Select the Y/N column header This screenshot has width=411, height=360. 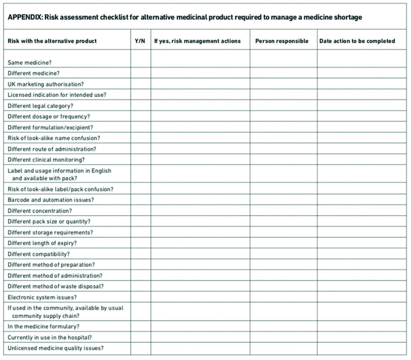click(140, 41)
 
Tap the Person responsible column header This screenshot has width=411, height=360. click(282, 41)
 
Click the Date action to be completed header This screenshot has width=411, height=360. click(357, 41)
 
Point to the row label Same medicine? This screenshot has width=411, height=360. click(30, 63)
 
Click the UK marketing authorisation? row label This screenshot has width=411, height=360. click(46, 84)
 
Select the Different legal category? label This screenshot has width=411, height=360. click(41, 106)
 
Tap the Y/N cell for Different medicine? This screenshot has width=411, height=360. click(140, 73)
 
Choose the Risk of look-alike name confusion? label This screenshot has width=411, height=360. click(54, 138)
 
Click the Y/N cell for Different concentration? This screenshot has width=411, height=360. click(140, 211)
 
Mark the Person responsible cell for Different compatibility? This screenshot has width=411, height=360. click(283, 254)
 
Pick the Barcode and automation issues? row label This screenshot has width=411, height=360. click(51, 200)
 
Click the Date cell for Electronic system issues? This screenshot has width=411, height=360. click(362, 297)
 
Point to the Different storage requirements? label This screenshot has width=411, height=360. click(50, 232)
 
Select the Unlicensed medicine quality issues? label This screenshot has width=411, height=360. click(55, 348)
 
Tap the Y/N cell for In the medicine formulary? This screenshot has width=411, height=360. click(140, 327)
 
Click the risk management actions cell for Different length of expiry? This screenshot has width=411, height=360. click(200, 243)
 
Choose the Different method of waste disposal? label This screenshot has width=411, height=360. click(55, 287)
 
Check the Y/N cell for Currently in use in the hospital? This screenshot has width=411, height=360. click(140, 338)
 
